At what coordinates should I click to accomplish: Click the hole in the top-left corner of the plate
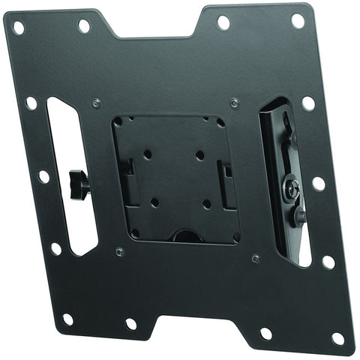pyautogui.click(x=19, y=28)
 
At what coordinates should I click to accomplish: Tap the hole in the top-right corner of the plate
pyautogui.click(x=297, y=21)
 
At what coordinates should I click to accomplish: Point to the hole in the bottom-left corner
pyautogui.click(x=67, y=319)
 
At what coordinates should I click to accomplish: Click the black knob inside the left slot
pyautogui.click(x=75, y=180)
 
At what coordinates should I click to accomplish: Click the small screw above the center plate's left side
pyautogui.click(x=95, y=103)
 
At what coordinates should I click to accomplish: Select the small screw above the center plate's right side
pyautogui.click(x=234, y=102)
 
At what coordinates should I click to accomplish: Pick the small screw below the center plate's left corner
pyautogui.click(x=119, y=250)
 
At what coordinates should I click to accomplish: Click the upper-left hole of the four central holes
pyautogui.click(x=147, y=154)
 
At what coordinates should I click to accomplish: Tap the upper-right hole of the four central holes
pyautogui.click(x=200, y=154)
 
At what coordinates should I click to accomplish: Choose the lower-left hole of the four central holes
pyautogui.click(x=154, y=202)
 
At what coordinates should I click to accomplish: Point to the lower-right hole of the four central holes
pyautogui.click(x=207, y=204)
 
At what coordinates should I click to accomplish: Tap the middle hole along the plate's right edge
pyautogui.click(x=318, y=182)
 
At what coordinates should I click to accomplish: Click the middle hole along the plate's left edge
pyautogui.click(x=43, y=176)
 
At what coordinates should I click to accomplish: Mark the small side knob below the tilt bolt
pyautogui.click(x=299, y=217)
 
